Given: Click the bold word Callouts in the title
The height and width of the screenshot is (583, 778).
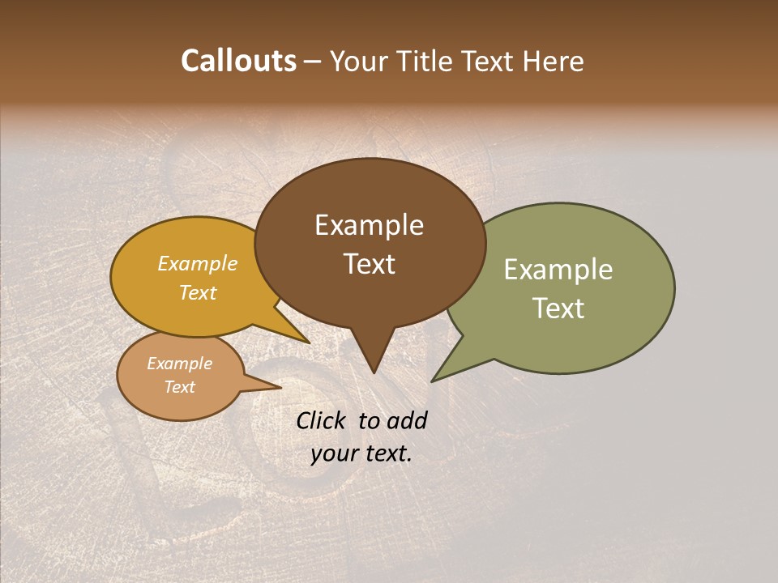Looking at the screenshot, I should [238, 61].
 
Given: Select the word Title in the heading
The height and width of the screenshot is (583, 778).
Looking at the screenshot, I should [421, 61].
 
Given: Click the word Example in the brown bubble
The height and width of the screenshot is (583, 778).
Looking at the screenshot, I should [369, 225].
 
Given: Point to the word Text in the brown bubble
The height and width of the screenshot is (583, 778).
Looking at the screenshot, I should [369, 264].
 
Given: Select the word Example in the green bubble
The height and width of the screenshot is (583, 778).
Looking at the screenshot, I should [558, 270].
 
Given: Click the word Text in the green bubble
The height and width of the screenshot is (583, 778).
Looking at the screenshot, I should [558, 309].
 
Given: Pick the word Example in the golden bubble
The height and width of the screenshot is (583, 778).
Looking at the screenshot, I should [198, 263].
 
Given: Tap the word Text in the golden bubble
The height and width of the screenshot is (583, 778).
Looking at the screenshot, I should [198, 292].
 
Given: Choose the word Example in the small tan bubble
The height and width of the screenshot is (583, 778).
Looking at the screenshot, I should [180, 364].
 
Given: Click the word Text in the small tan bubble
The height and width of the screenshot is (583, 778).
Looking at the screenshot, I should [180, 387].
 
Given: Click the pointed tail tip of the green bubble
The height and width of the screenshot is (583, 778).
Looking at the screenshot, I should [434, 380].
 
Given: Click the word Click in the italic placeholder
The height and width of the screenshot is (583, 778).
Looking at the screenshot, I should [322, 420].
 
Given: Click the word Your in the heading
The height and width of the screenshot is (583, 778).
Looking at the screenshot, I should [359, 61].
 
